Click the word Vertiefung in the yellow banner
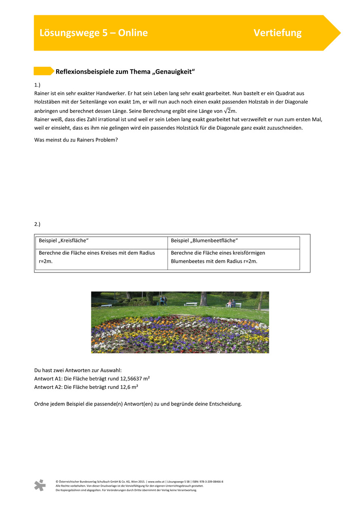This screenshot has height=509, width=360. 277,33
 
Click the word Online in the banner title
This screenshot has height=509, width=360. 133,33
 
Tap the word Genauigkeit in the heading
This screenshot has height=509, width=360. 170,72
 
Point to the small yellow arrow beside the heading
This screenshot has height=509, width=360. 44,71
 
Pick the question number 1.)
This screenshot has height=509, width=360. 38,85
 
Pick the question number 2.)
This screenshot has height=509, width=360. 38,224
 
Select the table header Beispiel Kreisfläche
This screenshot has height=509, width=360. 64,241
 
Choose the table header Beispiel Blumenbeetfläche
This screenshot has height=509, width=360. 204,241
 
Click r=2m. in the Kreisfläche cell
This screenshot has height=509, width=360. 46,261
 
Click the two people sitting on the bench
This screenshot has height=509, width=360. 231,304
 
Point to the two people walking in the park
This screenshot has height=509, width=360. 163,301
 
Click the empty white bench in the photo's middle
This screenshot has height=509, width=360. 191,304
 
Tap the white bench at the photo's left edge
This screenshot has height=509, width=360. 106,305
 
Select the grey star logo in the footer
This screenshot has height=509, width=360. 40,485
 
